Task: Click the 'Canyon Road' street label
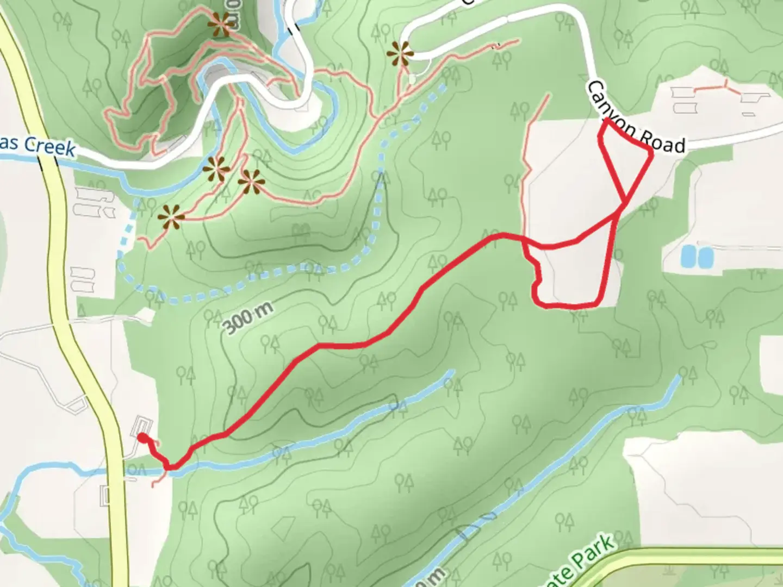636,116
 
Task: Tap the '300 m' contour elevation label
247,318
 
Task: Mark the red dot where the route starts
141,438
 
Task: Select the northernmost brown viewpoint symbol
221,24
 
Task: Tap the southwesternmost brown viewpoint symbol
171,218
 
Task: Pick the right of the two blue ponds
705,256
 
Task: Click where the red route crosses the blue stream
172,466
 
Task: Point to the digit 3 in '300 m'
229,327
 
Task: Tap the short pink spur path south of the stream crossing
158,480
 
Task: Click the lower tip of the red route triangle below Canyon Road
625,202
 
